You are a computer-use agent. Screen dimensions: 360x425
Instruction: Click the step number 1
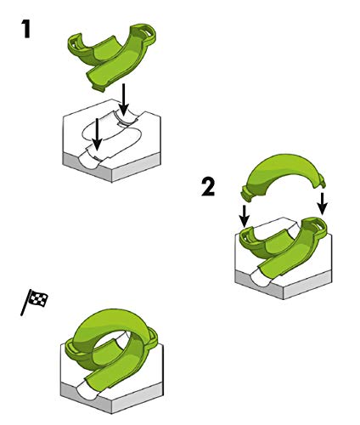coord(26,29)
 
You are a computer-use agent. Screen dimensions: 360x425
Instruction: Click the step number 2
coord(208,187)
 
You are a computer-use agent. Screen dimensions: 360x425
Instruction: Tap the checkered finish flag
coord(35,301)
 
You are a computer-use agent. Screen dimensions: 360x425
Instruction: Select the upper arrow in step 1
coord(123,99)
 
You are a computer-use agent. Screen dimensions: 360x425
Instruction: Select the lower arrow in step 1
coord(97,134)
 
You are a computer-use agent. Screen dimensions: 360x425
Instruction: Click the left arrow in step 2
coord(245,216)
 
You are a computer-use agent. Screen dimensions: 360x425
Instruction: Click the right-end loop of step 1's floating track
coord(146,31)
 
